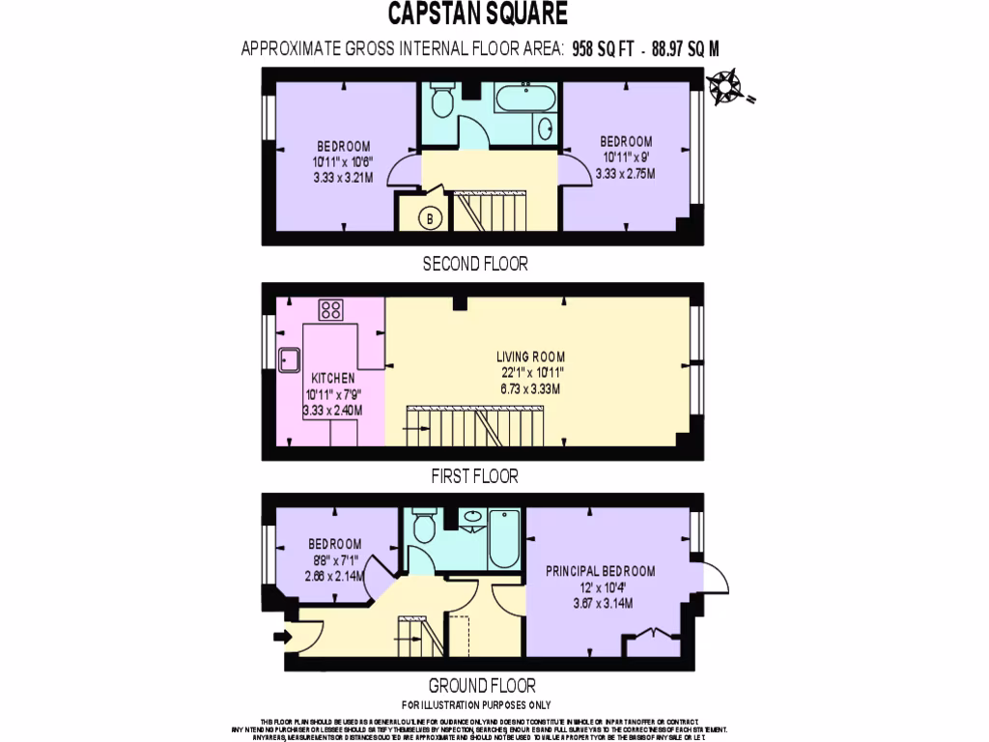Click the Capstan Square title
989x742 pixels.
pos(478,14)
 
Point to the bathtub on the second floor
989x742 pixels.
pos(524,98)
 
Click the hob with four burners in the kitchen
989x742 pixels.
pos(331,310)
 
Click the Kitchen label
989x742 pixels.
pos(332,378)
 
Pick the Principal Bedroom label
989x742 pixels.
pos(601,570)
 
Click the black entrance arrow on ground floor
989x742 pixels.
pos(281,636)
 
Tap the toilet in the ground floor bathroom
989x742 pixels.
pos(423,527)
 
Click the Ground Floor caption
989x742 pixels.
pos(482,686)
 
